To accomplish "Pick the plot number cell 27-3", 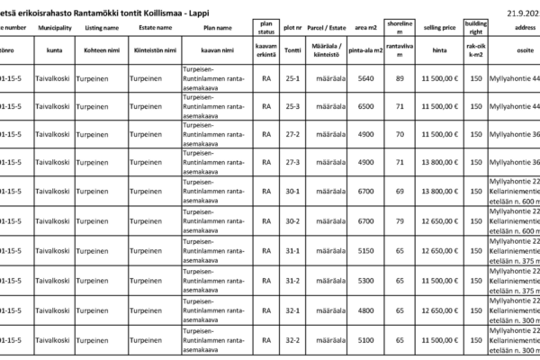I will click(x=291, y=163).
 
